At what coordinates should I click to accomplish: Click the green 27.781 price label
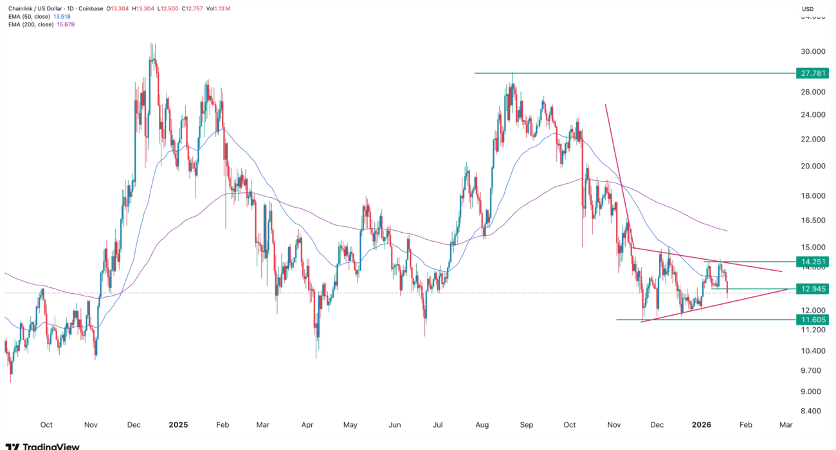[x=810, y=73]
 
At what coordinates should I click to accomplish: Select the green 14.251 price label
[x=810, y=262]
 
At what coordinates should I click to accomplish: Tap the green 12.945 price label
[x=810, y=289]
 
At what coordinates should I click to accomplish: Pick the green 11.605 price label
[x=810, y=319]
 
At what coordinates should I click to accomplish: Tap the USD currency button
[x=808, y=8]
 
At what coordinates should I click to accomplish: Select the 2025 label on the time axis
[x=177, y=425]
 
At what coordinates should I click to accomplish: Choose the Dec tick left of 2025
[x=135, y=425]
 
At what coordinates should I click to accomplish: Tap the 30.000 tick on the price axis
[x=810, y=51]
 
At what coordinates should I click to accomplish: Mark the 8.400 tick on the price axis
[x=810, y=411]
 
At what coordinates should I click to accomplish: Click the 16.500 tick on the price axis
[x=810, y=220]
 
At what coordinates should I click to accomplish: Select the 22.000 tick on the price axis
[x=810, y=139]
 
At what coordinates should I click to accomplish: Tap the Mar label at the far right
[x=785, y=425]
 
